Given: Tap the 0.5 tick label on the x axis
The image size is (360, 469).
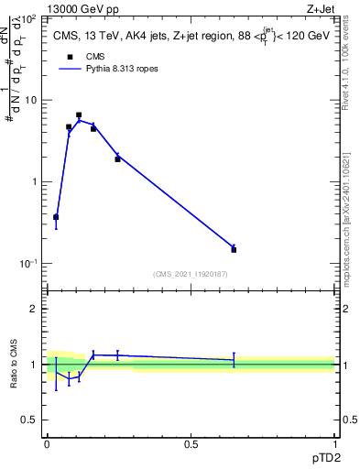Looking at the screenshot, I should pyautogui.click(x=191, y=443).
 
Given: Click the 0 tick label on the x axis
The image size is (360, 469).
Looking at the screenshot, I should pyautogui.click(x=47, y=443).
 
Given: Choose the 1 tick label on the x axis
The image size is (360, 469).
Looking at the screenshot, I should pyautogui.click(x=334, y=443).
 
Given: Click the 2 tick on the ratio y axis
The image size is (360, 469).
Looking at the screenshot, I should pyautogui.click(x=34, y=309).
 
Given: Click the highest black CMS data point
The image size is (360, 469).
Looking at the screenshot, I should pyautogui.click(x=79, y=115).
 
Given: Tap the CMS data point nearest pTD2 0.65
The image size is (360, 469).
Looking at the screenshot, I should pyautogui.click(x=234, y=249).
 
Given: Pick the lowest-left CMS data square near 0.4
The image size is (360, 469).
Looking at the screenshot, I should pyautogui.click(x=56, y=217).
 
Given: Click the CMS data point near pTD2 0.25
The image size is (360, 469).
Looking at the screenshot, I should pyautogui.click(x=117, y=159).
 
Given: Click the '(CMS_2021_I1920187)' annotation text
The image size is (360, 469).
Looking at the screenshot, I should pyautogui.click(x=190, y=273).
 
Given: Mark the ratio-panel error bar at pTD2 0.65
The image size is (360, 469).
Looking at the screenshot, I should pyautogui.click(x=234, y=359).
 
